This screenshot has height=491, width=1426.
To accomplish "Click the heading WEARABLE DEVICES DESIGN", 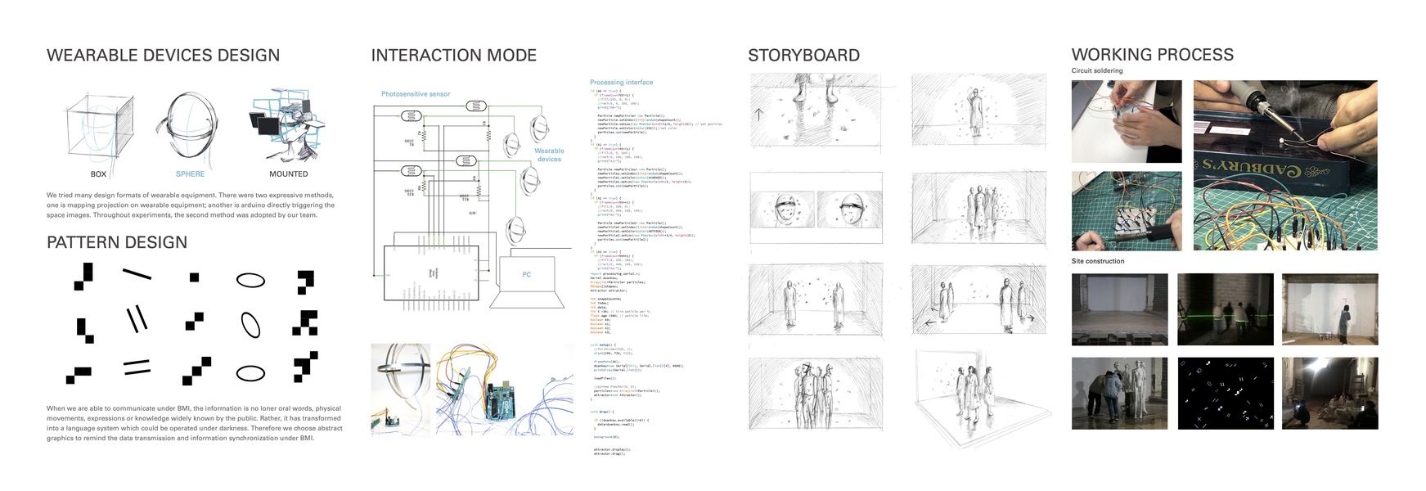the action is tap(163, 56).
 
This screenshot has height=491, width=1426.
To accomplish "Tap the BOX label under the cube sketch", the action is tap(98, 174).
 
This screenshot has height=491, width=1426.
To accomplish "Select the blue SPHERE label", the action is tap(190, 174).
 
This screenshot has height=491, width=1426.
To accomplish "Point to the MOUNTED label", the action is tap(288, 174).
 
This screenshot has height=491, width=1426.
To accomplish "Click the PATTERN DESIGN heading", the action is tap(117, 242).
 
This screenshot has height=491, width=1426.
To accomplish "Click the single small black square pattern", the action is tap(194, 277).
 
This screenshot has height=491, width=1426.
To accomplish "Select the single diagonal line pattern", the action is tap(137, 274).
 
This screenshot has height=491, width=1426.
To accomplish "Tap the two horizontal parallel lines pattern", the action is tap(137, 367).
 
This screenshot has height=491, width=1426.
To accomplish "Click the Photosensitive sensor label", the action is tap(416, 94).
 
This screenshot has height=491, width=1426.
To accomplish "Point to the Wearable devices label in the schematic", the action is tap(549, 155).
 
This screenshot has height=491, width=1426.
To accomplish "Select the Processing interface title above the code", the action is tap(621, 83).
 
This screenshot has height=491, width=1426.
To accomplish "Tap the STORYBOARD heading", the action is tap(803, 56).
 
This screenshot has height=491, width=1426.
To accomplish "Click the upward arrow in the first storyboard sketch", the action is tap(758, 114).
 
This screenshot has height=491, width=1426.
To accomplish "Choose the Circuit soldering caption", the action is tap(1097, 71).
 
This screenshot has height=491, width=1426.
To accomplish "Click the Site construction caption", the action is tap(1098, 261).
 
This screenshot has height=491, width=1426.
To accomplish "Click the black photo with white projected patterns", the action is tap(1225, 393).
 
